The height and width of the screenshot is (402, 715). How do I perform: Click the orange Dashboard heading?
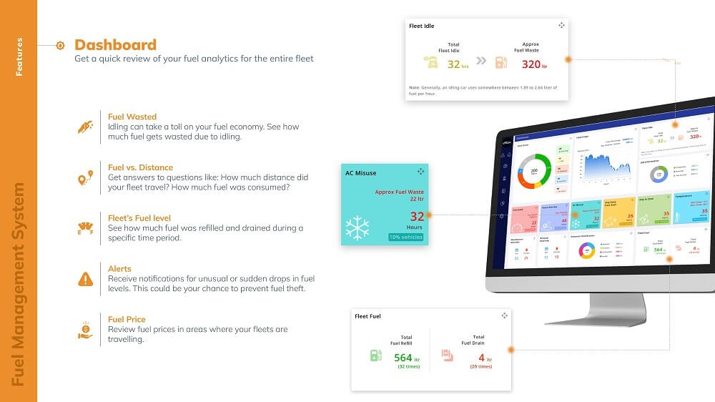click(115, 44)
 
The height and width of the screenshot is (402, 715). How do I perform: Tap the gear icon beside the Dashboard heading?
click(60, 45)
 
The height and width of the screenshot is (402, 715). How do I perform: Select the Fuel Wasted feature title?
click(132, 117)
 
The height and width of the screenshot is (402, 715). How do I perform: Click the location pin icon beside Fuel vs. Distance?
click(85, 177)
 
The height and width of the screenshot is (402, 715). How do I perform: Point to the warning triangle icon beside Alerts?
click(86, 278)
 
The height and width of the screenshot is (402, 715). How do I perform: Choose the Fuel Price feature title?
click(127, 319)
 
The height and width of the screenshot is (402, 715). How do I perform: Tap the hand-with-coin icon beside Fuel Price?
click(85, 330)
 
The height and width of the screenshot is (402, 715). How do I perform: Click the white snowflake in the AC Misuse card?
click(357, 227)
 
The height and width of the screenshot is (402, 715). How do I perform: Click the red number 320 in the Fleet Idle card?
click(531, 64)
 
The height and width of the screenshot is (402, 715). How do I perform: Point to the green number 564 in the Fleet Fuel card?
click(403, 358)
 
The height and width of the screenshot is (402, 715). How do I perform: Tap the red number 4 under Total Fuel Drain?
click(481, 358)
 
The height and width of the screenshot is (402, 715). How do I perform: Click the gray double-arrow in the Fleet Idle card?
click(481, 61)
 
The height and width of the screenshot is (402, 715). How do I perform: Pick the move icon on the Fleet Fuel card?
click(504, 315)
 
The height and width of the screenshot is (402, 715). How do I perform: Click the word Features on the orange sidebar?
click(19, 57)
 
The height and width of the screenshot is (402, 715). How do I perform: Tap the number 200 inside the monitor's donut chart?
click(533, 171)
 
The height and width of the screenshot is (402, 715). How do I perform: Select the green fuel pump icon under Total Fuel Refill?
click(375, 355)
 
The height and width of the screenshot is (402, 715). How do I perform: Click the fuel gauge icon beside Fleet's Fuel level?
click(85, 228)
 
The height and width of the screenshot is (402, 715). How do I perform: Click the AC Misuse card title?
click(360, 172)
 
